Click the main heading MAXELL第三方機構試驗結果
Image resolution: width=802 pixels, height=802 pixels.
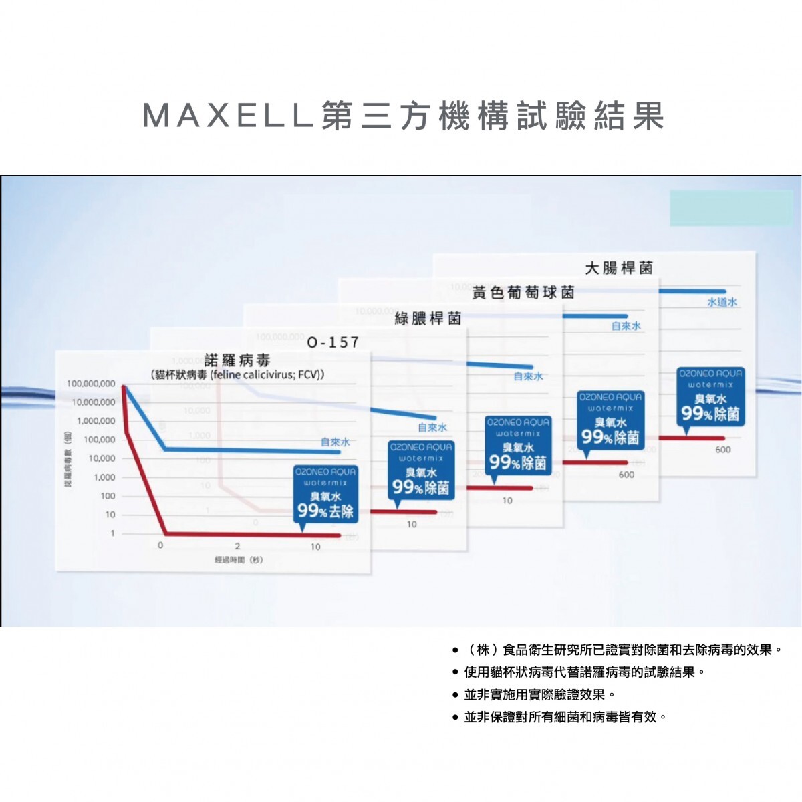click(x=404, y=116)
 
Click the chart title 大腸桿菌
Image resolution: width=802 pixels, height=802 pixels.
click(x=619, y=268)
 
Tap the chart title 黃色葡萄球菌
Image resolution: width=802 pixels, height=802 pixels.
click(x=523, y=293)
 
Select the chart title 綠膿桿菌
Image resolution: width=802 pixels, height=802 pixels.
click(x=428, y=318)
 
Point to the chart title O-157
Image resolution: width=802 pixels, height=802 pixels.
click(x=333, y=342)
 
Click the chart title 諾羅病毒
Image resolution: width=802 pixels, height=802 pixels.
click(x=237, y=361)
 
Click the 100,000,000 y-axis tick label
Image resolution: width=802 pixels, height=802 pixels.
click(x=91, y=384)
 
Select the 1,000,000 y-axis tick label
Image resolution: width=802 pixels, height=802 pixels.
click(x=96, y=421)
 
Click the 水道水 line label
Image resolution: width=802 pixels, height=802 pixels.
click(x=722, y=303)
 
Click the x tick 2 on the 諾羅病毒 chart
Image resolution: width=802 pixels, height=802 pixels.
click(x=237, y=546)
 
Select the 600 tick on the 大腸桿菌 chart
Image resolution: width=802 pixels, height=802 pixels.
click(x=723, y=450)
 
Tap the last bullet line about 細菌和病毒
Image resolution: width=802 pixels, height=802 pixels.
click(x=565, y=717)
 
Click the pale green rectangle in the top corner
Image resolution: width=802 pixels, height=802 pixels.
click(x=731, y=208)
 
